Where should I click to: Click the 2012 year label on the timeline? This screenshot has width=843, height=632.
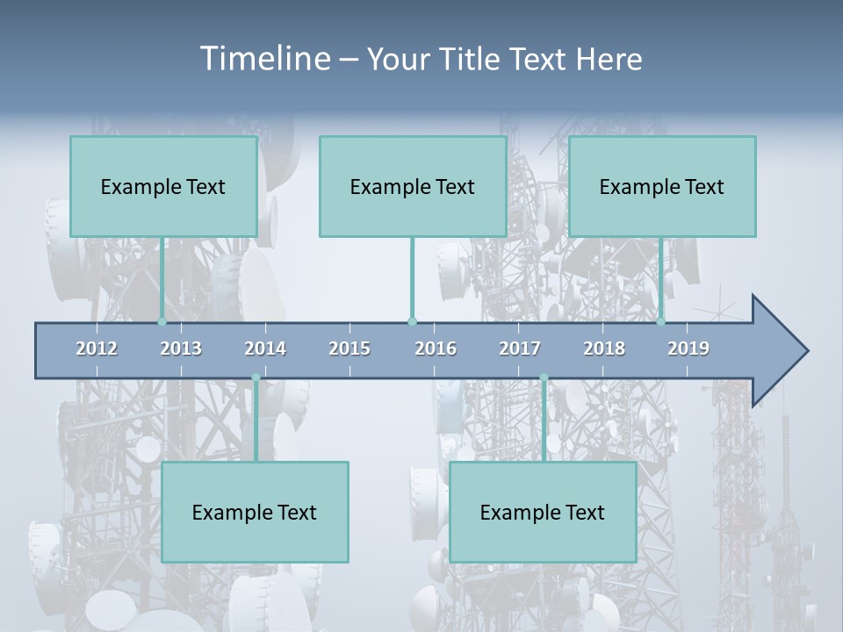(x=97, y=348)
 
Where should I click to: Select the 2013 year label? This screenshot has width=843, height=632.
(x=181, y=348)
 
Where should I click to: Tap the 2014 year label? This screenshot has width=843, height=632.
(x=265, y=348)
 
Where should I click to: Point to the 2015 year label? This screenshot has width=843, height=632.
(x=349, y=348)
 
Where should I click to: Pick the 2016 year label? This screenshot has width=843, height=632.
(x=436, y=348)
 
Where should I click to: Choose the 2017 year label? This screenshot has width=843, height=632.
(x=520, y=348)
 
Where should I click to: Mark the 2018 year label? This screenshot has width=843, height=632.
(x=604, y=348)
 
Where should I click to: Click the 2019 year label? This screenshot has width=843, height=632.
(x=688, y=348)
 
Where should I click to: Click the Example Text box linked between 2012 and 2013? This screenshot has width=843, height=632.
(x=163, y=186)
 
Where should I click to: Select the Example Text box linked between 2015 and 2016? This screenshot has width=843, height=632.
(x=413, y=186)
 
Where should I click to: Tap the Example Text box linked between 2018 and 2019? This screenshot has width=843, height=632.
(x=662, y=186)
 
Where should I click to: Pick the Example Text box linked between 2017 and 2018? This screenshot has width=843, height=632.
(x=543, y=512)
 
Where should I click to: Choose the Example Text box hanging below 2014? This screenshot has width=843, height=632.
(x=255, y=512)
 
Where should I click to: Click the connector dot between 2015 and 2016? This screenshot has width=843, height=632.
(x=412, y=321)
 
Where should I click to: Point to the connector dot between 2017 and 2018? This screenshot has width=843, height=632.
(x=544, y=377)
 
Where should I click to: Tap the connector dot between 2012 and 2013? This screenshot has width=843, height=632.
(x=162, y=321)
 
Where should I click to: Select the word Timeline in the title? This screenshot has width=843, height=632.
(x=264, y=59)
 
